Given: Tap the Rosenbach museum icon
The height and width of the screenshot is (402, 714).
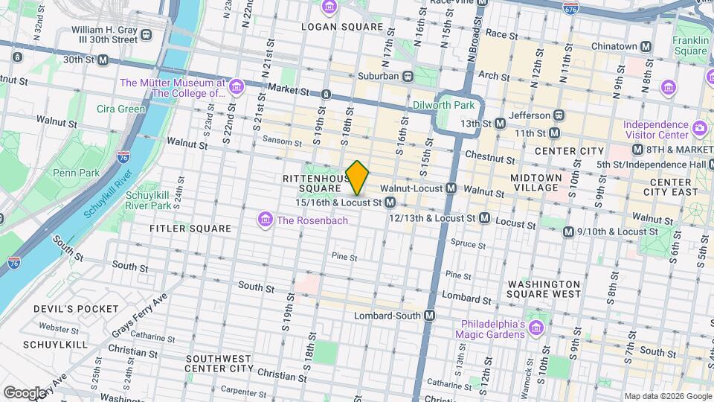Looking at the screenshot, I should click(264, 219).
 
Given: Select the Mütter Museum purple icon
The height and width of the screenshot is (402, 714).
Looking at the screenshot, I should click(237, 88).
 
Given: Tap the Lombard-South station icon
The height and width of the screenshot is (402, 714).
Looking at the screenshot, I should click(429, 316).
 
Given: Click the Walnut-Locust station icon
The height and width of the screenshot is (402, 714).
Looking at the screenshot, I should click(450, 190).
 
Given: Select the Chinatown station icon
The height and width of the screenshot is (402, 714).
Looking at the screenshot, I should click(646, 46).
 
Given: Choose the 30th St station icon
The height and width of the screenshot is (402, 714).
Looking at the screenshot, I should click(103, 60).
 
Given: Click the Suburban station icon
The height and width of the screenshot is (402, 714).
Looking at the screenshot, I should click(408, 76).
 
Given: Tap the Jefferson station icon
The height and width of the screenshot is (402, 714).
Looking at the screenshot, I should click(559, 115).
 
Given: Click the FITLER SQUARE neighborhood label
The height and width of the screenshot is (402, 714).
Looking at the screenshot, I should click(190, 229).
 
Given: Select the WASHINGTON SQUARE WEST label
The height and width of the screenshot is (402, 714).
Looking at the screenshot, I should click(544, 289).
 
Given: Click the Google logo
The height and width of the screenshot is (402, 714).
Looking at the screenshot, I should click(25, 392).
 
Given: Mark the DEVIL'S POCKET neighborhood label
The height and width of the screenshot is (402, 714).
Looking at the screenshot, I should click(75, 308).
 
